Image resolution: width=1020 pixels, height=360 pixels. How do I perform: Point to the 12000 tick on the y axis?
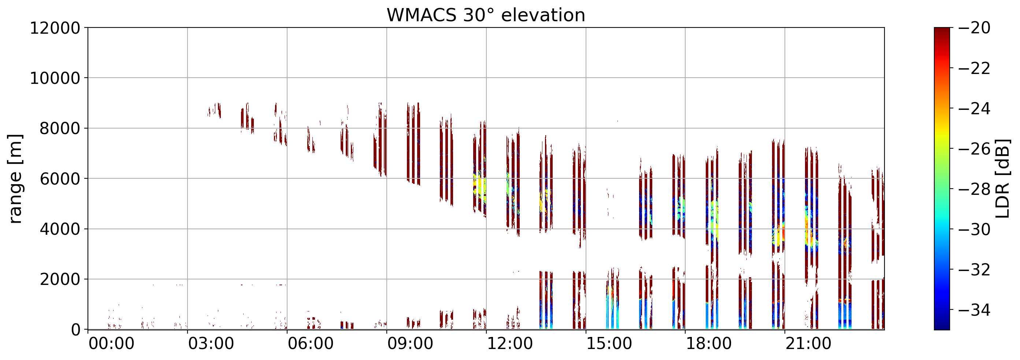(x=55, y=28)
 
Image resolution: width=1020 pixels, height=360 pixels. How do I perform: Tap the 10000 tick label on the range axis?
(x=55, y=78)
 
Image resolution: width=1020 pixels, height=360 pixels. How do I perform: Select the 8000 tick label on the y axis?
(x=59, y=128)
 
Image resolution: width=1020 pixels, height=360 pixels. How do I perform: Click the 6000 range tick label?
(x=59, y=179)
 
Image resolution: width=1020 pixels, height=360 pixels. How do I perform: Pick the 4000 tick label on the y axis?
(x=59, y=229)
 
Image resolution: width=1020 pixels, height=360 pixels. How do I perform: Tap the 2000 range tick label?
(x=59, y=279)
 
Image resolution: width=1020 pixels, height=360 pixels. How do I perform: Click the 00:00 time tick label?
(x=111, y=344)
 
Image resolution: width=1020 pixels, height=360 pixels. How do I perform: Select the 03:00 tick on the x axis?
(x=211, y=344)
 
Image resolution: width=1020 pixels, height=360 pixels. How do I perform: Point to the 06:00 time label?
(x=311, y=344)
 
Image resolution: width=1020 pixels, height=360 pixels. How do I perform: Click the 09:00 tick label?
(x=410, y=344)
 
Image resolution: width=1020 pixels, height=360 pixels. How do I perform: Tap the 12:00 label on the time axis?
(x=509, y=344)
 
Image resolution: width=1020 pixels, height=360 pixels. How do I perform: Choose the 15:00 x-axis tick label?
(x=609, y=344)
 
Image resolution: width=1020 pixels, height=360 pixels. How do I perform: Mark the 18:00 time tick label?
(x=708, y=344)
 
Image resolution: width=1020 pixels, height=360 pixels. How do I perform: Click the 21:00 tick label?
(x=808, y=344)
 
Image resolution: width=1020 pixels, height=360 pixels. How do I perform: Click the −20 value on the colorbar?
(x=974, y=28)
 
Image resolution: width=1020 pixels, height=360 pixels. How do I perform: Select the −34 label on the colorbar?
(x=974, y=310)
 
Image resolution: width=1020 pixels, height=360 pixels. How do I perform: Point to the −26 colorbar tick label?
(x=974, y=149)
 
